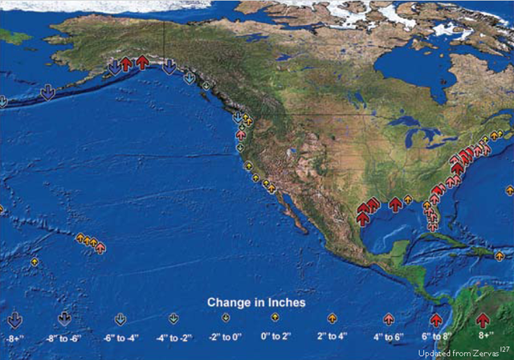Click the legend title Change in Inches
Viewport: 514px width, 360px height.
(256, 303)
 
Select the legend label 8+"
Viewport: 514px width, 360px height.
(483, 336)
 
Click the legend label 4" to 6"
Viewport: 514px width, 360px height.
(389, 336)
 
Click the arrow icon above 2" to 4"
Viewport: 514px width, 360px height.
(332, 318)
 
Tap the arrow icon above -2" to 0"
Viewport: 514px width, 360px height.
(226, 318)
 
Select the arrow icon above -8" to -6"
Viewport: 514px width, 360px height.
(64, 319)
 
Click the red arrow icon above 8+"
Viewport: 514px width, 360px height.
(483, 320)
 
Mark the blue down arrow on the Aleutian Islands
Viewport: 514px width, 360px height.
(47, 92)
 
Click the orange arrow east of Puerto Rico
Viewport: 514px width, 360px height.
(500, 256)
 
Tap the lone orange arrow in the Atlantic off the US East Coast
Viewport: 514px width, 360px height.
(509, 190)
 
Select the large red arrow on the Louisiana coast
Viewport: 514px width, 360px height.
(395, 204)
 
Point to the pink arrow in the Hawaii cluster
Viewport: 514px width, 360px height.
(100, 247)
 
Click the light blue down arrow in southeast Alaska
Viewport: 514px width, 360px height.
(189, 78)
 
